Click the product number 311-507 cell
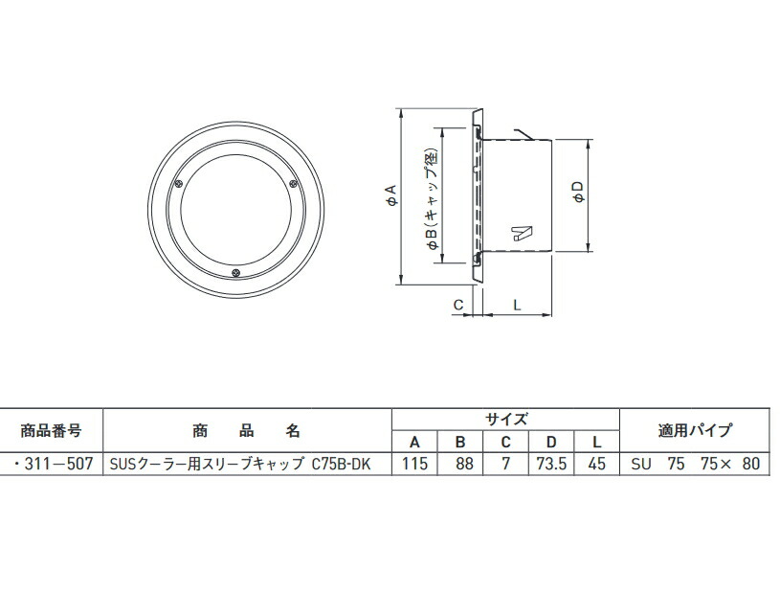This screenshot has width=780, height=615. pyautogui.click(x=53, y=465)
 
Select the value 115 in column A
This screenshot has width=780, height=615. pyautogui.click(x=414, y=465)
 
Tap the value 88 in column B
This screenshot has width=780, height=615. pyautogui.click(x=459, y=465)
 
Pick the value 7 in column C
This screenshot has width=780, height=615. pyautogui.click(x=505, y=465)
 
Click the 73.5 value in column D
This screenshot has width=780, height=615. pyautogui.click(x=551, y=465)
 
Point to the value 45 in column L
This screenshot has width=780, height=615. pyautogui.click(x=597, y=465)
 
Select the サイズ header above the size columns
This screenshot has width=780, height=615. pyautogui.click(x=505, y=419)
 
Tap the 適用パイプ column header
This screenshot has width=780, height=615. pyautogui.click(x=695, y=429)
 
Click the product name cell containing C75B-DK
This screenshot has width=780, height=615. pyautogui.click(x=246, y=465)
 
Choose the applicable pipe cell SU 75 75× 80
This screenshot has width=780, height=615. pyautogui.click(x=695, y=465)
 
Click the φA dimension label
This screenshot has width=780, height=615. pyautogui.click(x=390, y=195)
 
